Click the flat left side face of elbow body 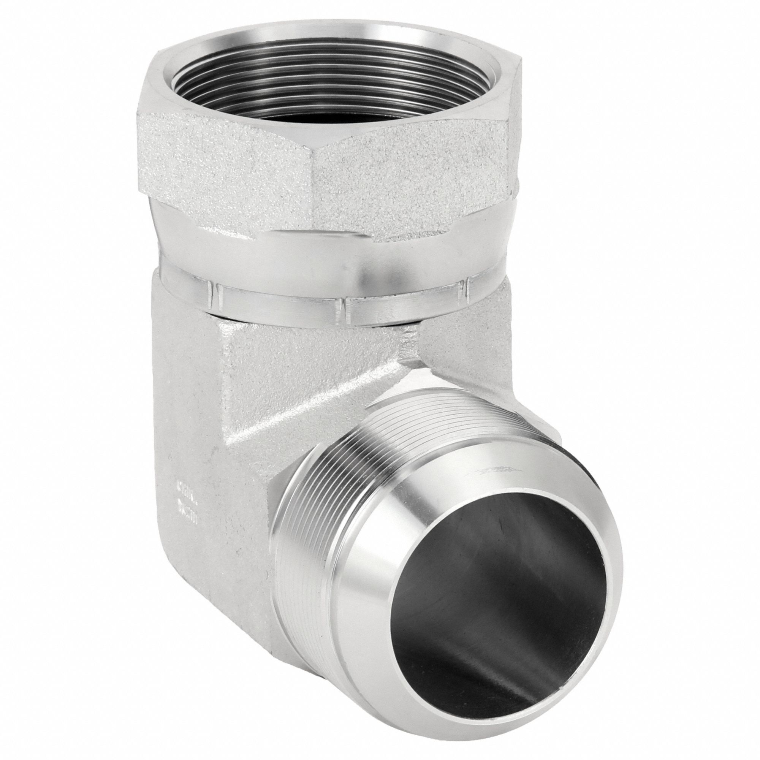(185, 433)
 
